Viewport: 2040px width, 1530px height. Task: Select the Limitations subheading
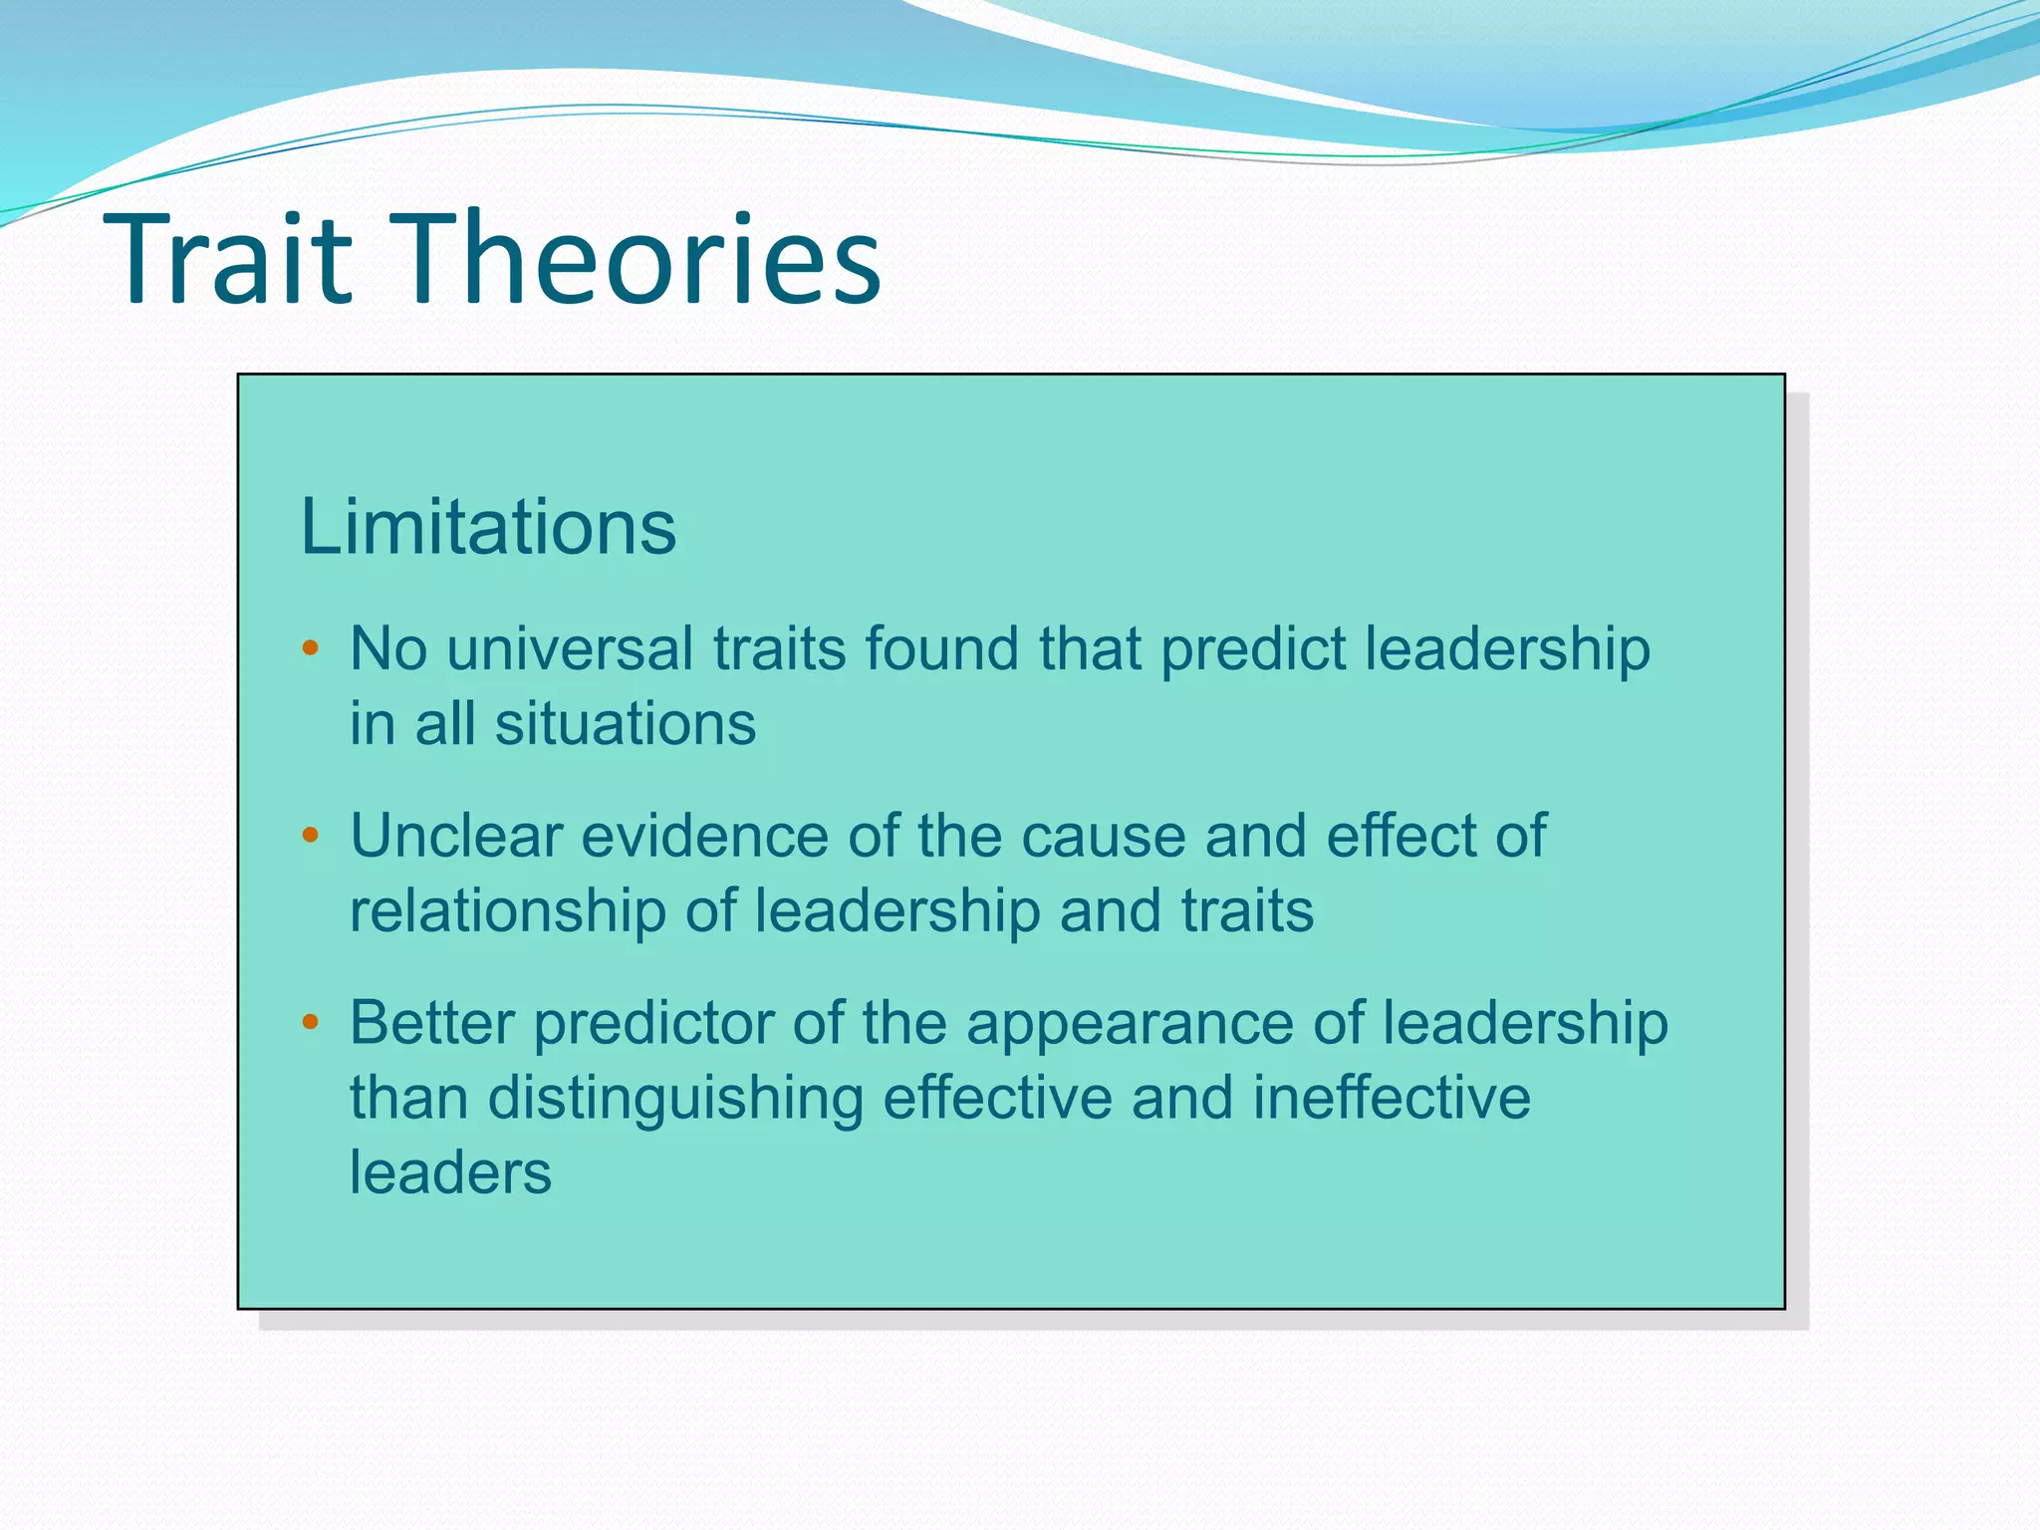coord(488,527)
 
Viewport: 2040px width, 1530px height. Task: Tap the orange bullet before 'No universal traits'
coord(310,649)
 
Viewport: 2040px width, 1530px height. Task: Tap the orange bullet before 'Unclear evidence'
coord(310,836)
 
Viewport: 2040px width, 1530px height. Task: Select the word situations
coord(626,724)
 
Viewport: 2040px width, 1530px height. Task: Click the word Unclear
coord(456,836)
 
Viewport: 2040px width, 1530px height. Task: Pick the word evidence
coord(704,836)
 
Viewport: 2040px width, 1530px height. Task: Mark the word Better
coord(431,1023)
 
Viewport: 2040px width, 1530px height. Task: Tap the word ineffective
coord(1391,1098)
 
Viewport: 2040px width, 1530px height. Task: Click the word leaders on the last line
coord(450,1173)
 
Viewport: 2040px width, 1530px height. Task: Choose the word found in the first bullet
coord(941,649)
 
